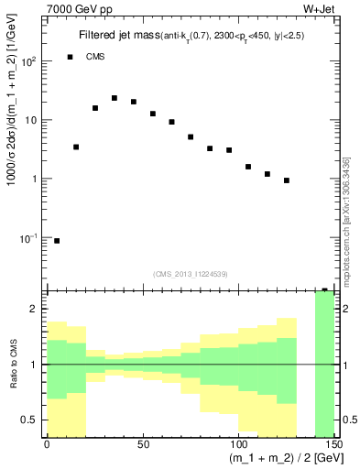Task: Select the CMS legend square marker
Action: [x=70, y=57]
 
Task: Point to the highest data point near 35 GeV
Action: [x=115, y=98]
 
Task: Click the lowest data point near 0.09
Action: [x=57, y=241]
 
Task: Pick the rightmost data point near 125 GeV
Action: [x=287, y=180]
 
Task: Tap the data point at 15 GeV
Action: [x=76, y=147]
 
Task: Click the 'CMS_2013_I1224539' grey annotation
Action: [x=190, y=273]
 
